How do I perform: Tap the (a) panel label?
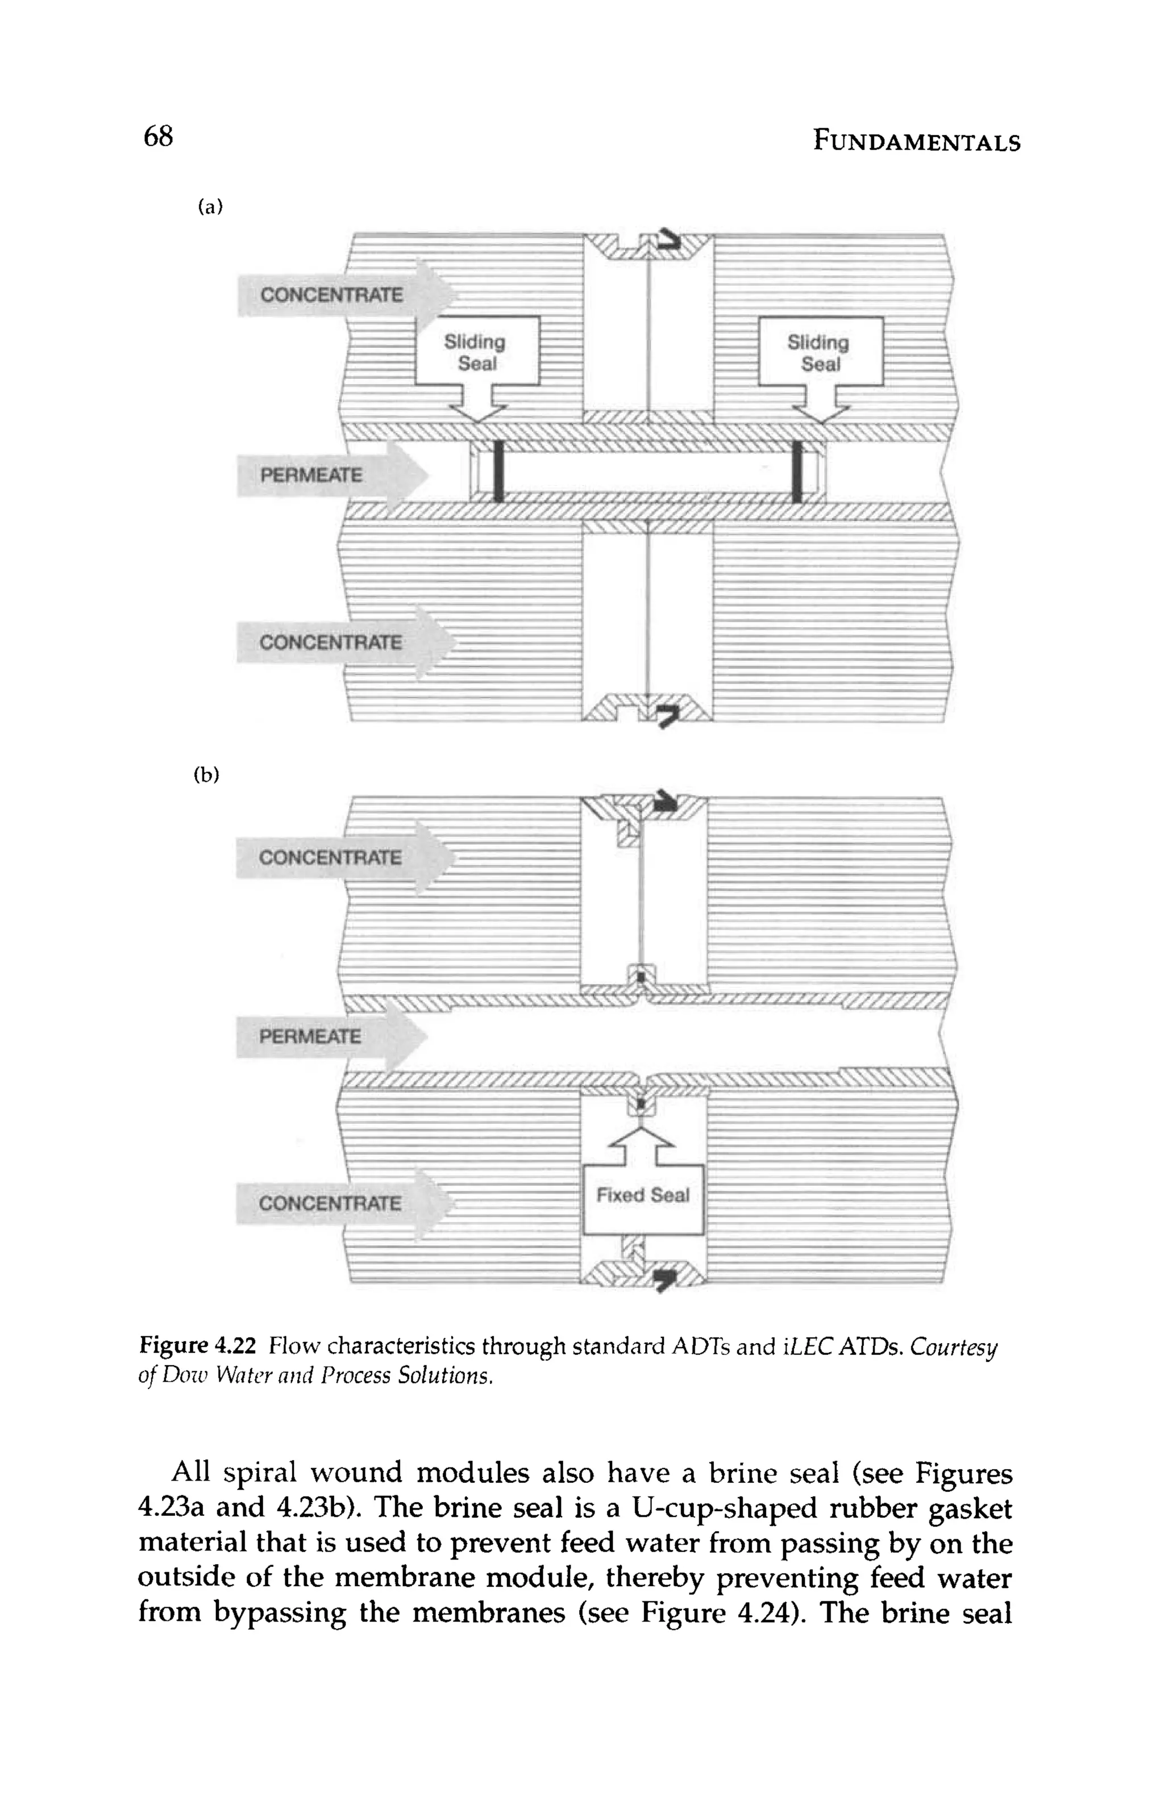click(x=210, y=207)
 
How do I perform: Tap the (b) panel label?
click(x=206, y=774)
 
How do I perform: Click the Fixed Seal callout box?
click(x=642, y=1195)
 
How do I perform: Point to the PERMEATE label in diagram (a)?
click(x=310, y=476)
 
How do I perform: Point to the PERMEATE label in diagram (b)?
click(x=310, y=1037)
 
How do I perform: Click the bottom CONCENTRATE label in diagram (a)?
click(x=330, y=643)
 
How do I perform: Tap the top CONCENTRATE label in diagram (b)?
click(x=330, y=857)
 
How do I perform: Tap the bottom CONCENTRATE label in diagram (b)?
click(x=330, y=1203)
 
